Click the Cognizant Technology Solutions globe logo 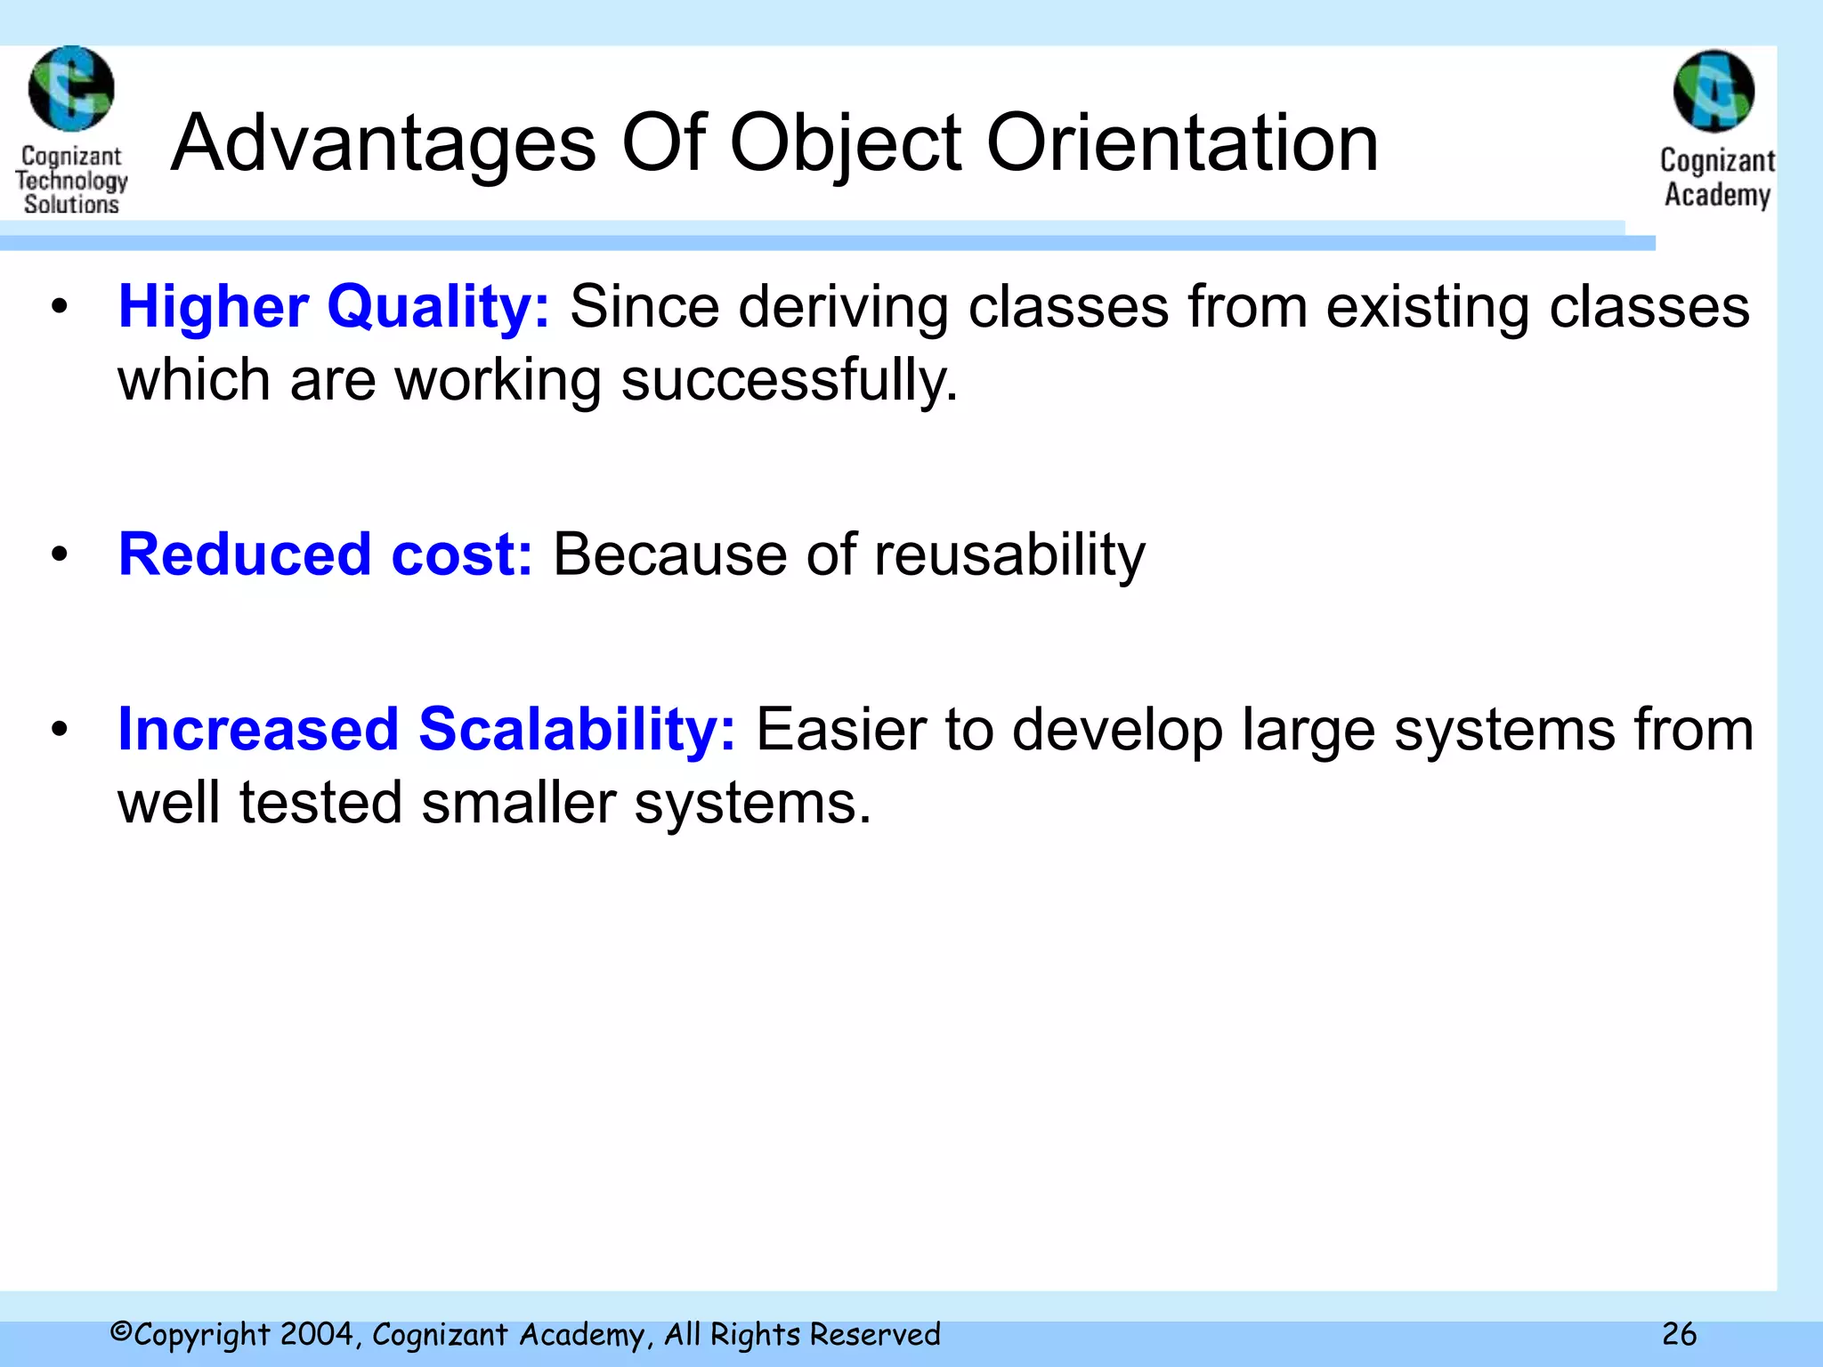pyautogui.click(x=71, y=89)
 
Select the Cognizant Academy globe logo pyautogui.click(x=1714, y=92)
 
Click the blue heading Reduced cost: pyautogui.click(x=326, y=554)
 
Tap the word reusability pyautogui.click(x=1009, y=554)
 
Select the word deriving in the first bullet pyautogui.click(x=843, y=307)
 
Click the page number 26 pyautogui.click(x=1679, y=1334)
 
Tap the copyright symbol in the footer pyautogui.click(x=120, y=1333)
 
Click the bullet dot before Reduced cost pyautogui.click(x=60, y=554)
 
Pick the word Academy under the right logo pyautogui.click(x=1717, y=195)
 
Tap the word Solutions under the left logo pyautogui.click(x=71, y=205)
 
